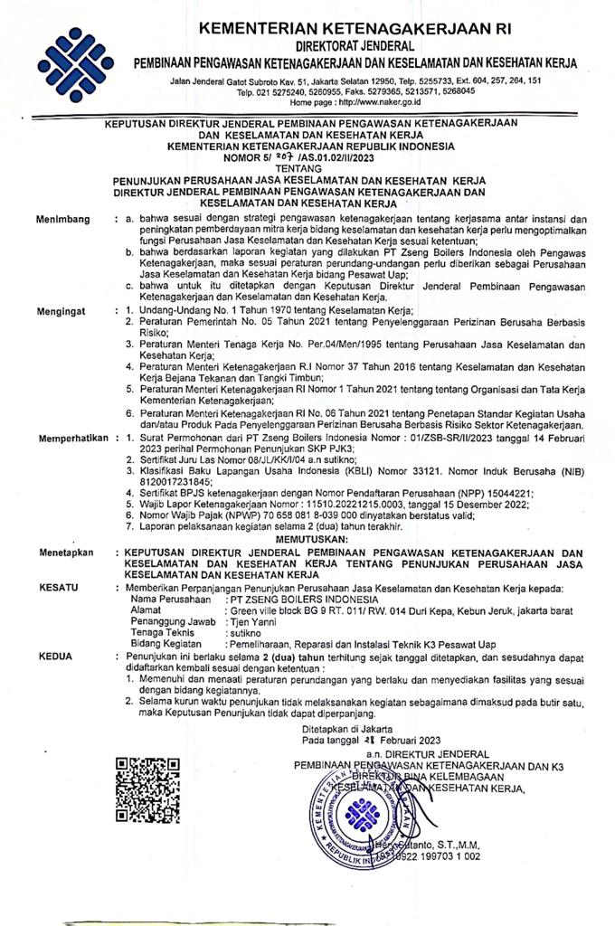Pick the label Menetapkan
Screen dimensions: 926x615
click(65, 552)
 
